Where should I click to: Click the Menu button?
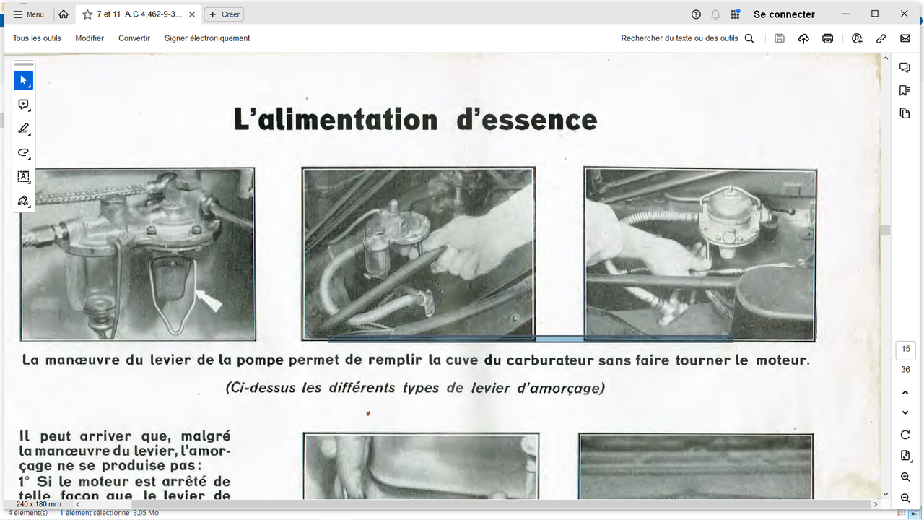[x=29, y=14]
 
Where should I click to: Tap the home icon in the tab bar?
[x=64, y=14]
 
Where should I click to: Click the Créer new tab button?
[x=225, y=14]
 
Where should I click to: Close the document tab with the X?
[x=192, y=14]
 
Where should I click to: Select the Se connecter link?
[x=784, y=14]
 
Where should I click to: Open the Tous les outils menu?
[x=37, y=38]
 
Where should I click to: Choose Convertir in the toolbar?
[x=134, y=38]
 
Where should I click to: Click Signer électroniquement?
[x=207, y=38]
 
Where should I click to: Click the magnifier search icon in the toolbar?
[x=749, y=39]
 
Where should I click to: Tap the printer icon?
[x=828, y=39]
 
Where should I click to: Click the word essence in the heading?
[x=527, y=120]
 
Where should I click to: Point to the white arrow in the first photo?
[x=209, y=299]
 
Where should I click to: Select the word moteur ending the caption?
[x=782, y=360]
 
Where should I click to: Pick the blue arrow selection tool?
[x=23, y=80]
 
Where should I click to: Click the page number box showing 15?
[x=905, y=350]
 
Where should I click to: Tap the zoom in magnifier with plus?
[x=905, y=477]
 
